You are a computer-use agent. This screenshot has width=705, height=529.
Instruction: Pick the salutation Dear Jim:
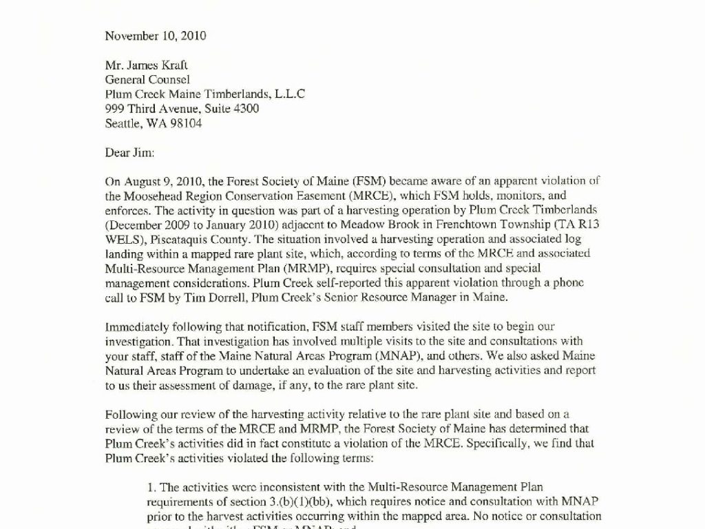(130, 152)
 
